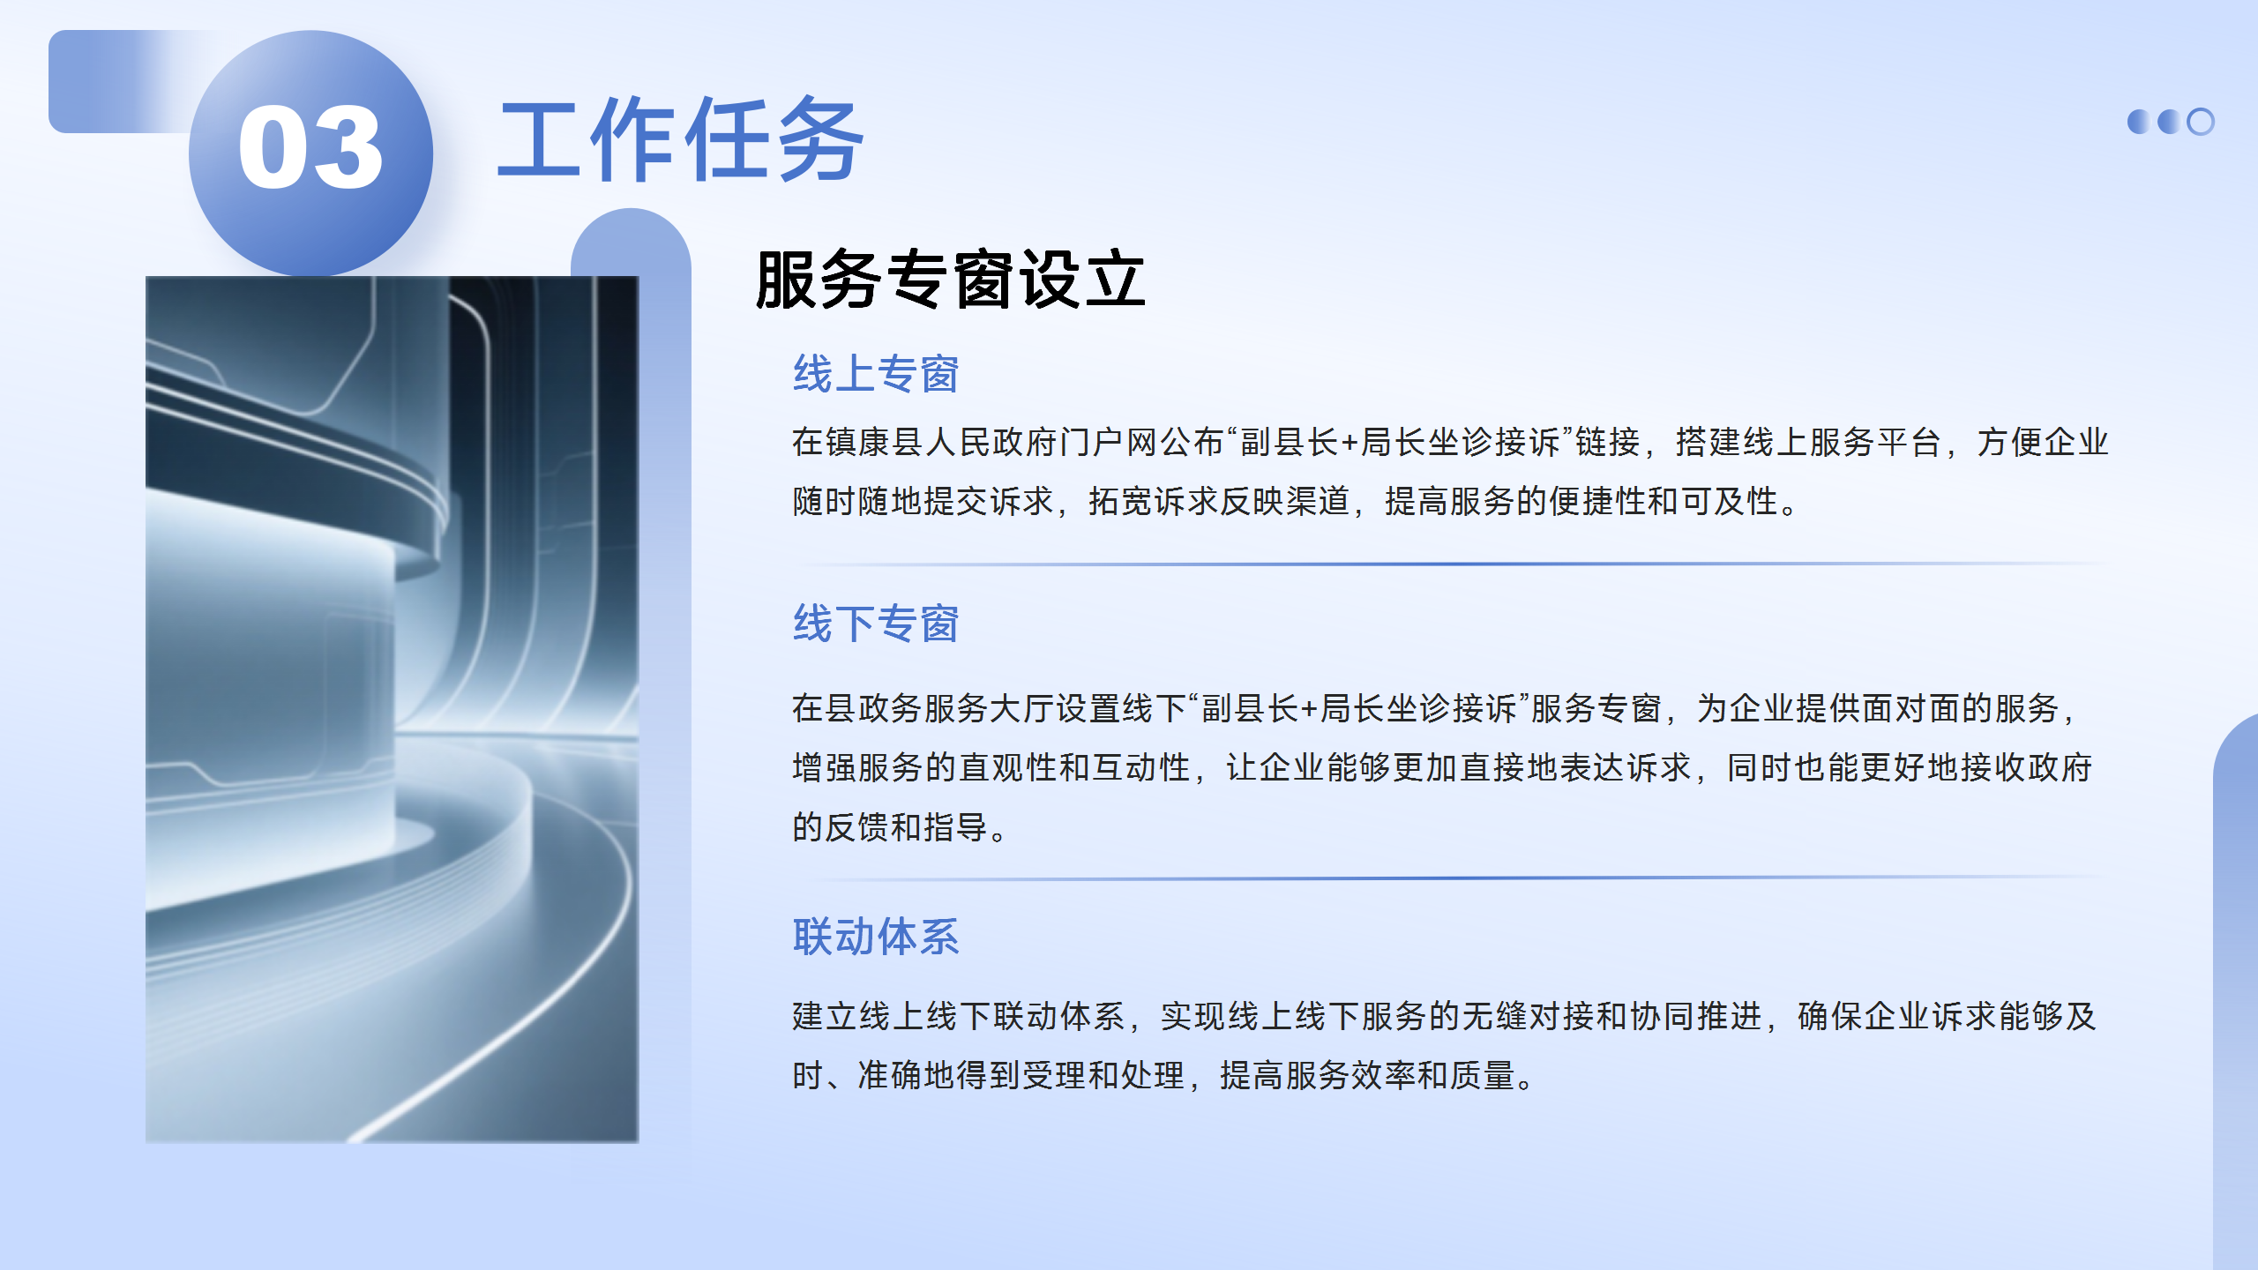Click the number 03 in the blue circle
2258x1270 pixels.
click(310, 147)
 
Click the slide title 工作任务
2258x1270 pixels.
click(681, 139)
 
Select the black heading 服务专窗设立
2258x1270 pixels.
click(950, 280)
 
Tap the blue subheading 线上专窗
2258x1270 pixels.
click(875, 374)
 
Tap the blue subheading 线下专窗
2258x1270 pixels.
click(875, 624)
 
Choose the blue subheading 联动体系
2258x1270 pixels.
click(875, 937)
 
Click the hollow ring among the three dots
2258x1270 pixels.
click(2201, 122)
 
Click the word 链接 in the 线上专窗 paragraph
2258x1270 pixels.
click(1607, 442)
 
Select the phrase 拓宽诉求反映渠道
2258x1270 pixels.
click(1220, 501)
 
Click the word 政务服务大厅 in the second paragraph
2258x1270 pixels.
click(956, 708)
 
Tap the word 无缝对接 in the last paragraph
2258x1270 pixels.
click(1528, 1016)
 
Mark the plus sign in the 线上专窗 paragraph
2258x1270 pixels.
click(1350, 443)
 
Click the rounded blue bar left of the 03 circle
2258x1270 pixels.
click(119, 81)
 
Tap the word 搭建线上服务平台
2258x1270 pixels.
click(1807, 442)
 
